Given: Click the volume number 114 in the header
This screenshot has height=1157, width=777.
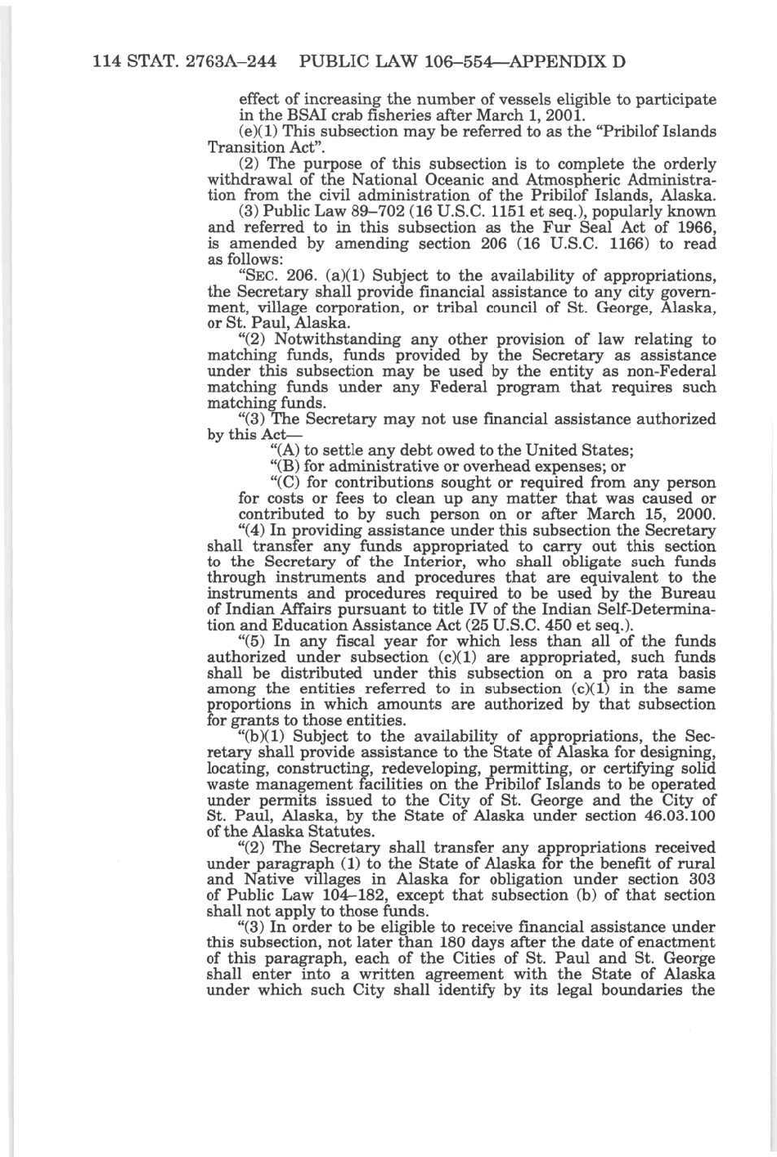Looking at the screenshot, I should click(108, 61).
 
